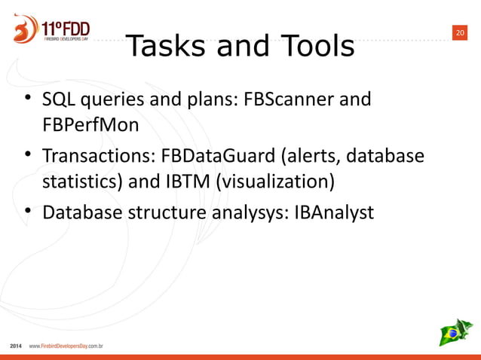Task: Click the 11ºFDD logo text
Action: point(66,28)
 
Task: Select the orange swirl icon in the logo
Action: point(24,29)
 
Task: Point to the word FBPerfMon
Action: point(90,124)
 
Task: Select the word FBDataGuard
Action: point(213,157)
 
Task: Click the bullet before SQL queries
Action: point(28,99)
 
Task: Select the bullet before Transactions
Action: point(28,156)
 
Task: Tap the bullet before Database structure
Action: point(28,212)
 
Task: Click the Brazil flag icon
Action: point(455,332)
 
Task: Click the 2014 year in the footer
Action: point(16,347)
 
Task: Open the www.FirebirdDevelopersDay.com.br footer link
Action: point(66,347)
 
